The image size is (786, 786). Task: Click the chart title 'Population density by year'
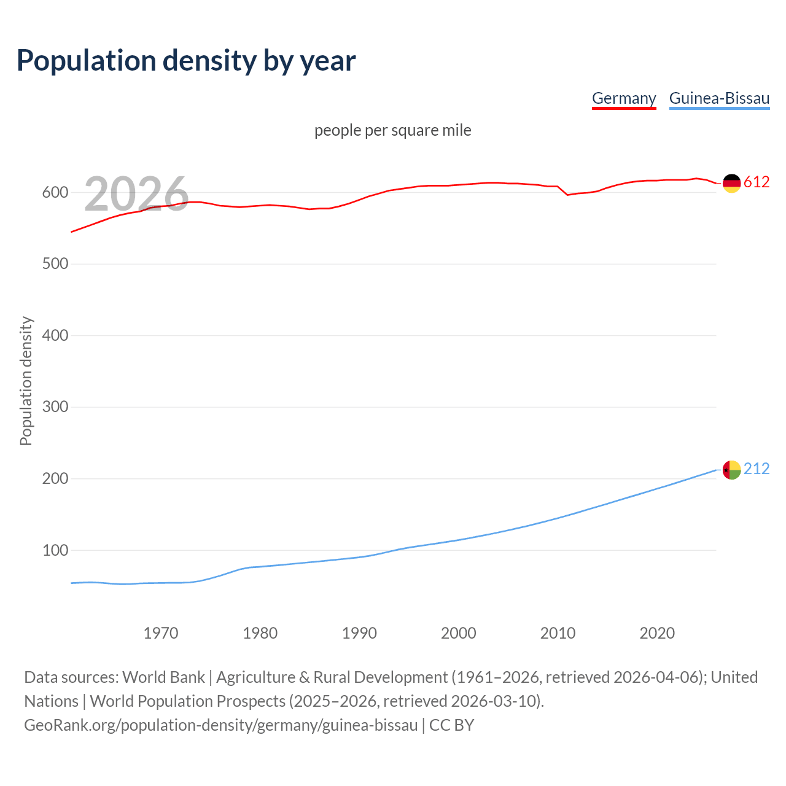coord(186,60)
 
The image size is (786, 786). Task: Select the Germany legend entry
coord(624,98)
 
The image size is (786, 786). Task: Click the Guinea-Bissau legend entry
coord(719,98)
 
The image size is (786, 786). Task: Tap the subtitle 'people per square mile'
coord(393,130)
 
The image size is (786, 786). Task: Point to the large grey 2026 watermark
coord(136,194)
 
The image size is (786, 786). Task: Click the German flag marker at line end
coord(731,183)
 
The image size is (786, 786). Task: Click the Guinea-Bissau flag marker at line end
coord(731,470)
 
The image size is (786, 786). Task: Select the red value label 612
coord(757,182)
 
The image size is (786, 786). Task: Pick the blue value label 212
coord(757,469)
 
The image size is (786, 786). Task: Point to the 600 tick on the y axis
coord(55,193)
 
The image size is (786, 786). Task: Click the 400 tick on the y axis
coord(55,336)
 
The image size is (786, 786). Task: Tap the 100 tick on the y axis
coord(55,551)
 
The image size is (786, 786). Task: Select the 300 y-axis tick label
coord(55,407)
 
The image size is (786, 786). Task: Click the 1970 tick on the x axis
coord(161,633)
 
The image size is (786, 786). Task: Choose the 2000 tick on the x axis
coord(459,633)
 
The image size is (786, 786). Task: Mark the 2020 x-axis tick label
coord(657,633)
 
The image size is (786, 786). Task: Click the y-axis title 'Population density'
coord(26,381)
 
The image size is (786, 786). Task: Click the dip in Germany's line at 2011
coord(567,195)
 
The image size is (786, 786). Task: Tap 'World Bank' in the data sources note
coord(163,677)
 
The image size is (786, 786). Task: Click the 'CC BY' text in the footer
coord(451,725)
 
